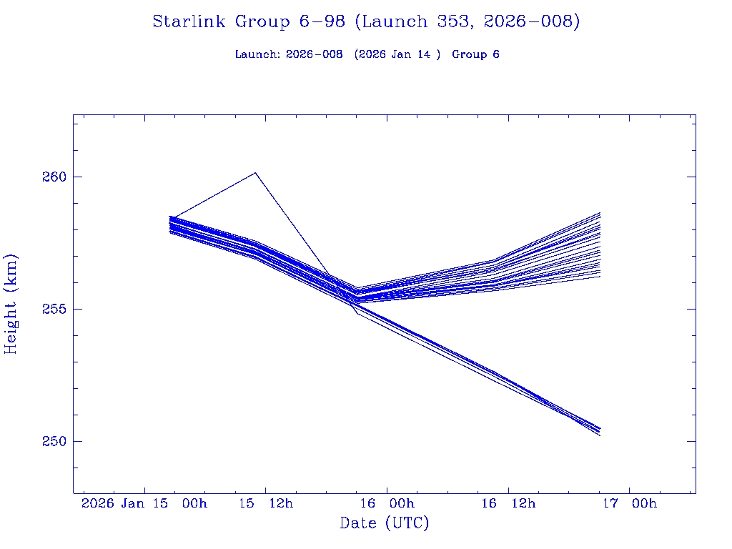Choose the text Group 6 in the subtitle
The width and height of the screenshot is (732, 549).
475,54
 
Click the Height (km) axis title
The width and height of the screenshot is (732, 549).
11,304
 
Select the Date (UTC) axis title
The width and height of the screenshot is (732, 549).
385,524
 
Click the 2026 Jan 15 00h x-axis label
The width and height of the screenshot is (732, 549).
144,504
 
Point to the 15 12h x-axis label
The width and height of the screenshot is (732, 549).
266,504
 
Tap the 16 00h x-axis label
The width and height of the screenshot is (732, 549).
387,504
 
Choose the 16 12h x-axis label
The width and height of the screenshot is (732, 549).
508,504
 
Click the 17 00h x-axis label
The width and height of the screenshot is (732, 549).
630,504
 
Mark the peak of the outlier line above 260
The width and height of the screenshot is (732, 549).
255,172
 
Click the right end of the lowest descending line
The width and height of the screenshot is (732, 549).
600,435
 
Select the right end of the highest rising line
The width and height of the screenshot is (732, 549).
600,212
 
